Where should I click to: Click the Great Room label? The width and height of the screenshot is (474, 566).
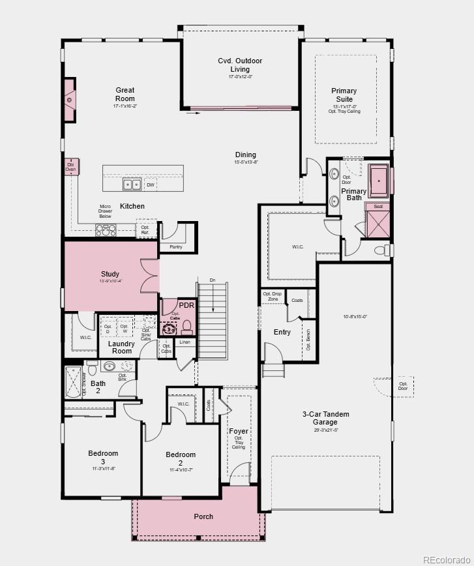(x=125, y=95)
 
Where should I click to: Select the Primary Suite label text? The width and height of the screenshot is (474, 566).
(x=344, y=95)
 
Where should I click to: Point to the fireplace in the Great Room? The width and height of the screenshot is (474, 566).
(x=70, y=100)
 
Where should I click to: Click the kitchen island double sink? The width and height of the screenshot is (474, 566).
(x=132, y=185)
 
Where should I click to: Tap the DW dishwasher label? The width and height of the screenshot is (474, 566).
(x=150, y=185)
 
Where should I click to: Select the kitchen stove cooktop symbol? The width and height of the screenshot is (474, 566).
(x=106, y=230)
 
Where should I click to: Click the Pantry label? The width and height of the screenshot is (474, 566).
(x=176, y=247)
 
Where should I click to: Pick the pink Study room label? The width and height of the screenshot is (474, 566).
(x=110, y=274)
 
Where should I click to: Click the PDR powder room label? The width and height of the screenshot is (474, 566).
(x=186, y=305)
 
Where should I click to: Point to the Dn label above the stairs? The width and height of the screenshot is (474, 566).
(x=212, y=281)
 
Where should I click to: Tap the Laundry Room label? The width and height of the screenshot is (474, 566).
(x=122, y=347)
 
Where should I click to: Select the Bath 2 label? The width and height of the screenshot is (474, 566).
(x=98, y=387)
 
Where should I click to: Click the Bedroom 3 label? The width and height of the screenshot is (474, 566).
(x=103, y=457)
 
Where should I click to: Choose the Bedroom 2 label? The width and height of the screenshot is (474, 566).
(x=181, y=458)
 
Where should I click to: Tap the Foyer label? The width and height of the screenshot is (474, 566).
(x=238, y=431)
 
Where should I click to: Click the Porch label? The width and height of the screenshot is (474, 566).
(x=203, y=516)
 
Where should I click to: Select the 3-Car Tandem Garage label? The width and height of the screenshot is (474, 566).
(x=325, y=418)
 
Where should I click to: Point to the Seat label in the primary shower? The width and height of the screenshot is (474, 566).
(x=378, y=207)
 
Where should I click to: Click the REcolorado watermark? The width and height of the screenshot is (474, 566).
(x=445, y=559)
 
